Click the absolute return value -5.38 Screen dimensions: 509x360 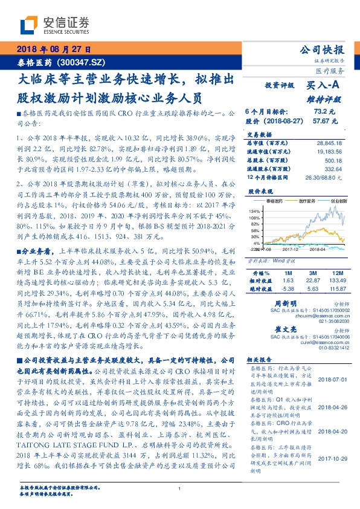click(x=288, y=288)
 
